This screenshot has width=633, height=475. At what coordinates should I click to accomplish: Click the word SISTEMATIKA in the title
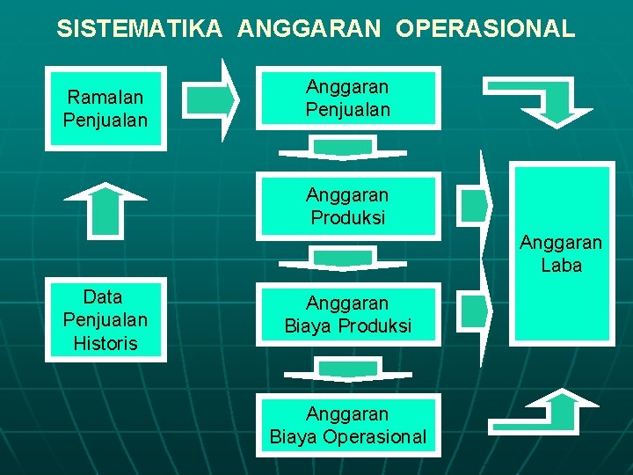pos(140,28)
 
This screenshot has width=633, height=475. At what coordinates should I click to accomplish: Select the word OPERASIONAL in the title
pos(485,28)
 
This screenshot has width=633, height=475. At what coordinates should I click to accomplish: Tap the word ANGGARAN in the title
pos(309,28)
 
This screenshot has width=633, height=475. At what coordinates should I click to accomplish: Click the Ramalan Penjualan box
pos(105,107)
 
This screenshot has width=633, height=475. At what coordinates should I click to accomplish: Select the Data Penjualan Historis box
pos(105,320)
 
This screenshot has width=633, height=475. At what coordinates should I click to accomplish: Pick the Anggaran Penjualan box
pos(347,99)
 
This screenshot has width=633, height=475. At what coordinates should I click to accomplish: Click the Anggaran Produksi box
pos(347,206)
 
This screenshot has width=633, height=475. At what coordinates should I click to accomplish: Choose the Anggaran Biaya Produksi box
pos(347,315)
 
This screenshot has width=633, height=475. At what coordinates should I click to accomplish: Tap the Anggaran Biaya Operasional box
pos(347,425)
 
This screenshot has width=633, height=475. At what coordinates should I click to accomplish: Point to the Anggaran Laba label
pos(561,253)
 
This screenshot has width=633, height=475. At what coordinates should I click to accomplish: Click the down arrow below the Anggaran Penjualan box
pos(343,148)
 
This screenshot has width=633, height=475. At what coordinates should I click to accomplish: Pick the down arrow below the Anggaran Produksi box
pos(343,258)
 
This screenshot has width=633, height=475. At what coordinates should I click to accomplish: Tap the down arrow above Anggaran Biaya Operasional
pos(343,369)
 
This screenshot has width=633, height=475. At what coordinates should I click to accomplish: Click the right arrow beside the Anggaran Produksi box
pos(476,205)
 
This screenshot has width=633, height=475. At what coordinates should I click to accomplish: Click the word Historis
pos(105,343)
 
